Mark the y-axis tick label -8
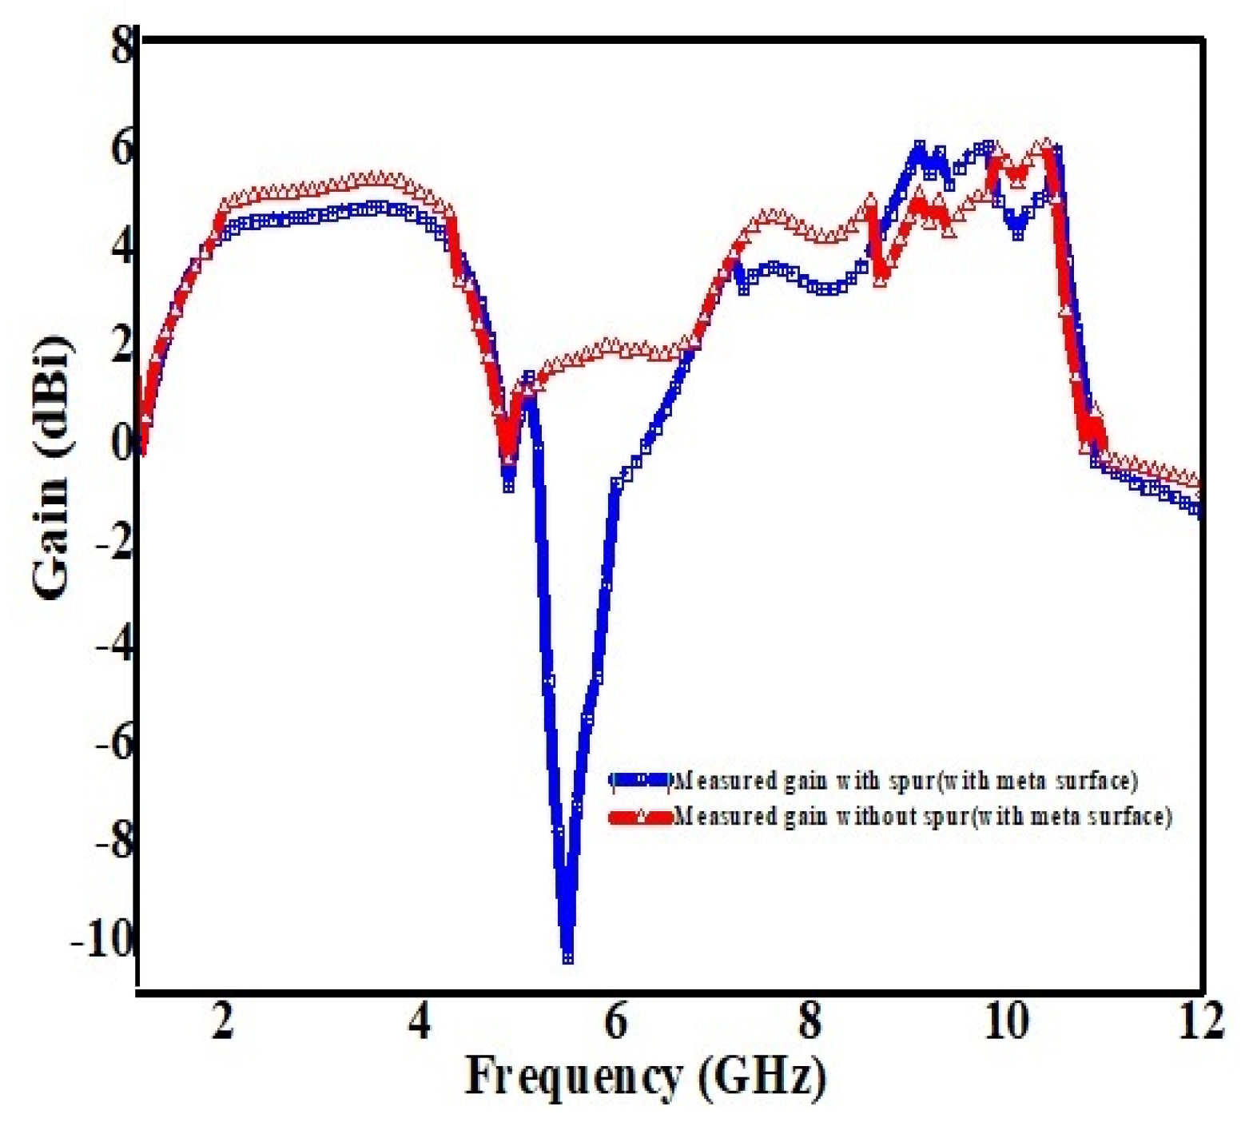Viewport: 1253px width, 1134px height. click(x=112, y=843)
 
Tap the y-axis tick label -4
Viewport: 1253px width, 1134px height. click(x=112, y=644)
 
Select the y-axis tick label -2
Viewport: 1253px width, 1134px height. click(x=112, y=544)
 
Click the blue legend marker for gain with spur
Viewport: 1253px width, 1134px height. click(x=640, y=780)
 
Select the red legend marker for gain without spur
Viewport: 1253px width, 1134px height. click(x=640, y=817)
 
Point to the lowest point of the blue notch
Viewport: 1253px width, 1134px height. click(x=567, y=957)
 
